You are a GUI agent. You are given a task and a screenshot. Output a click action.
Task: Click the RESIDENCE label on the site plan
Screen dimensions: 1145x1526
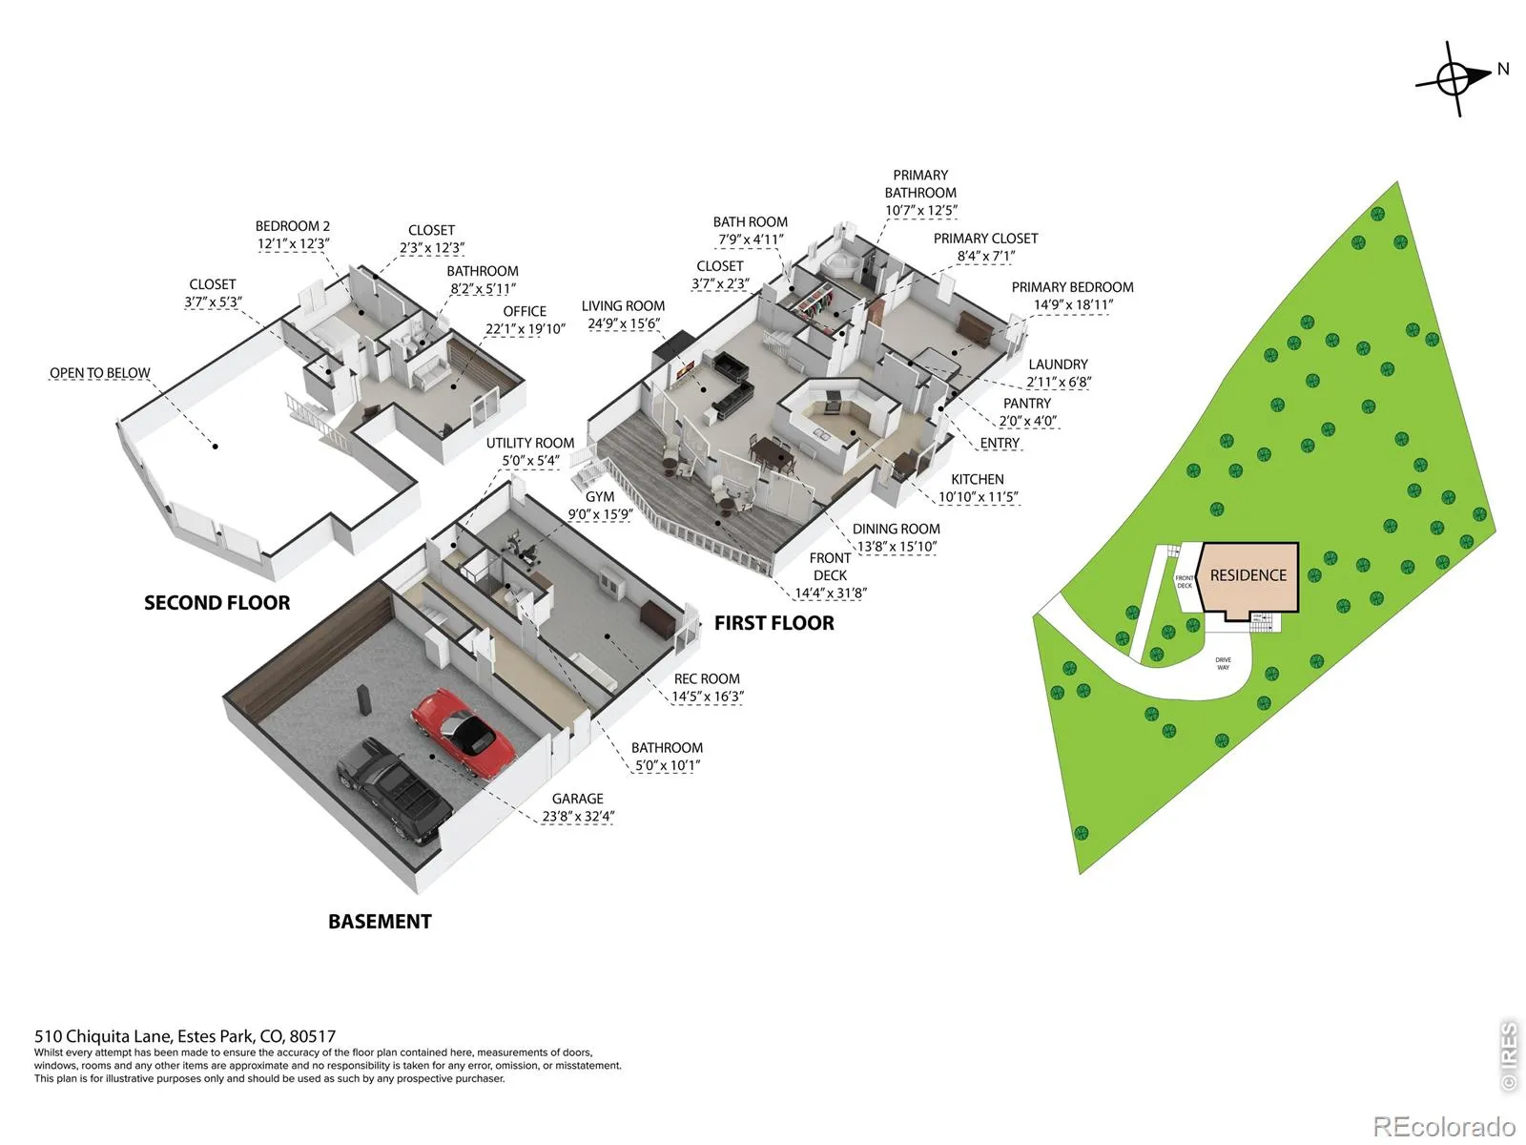pos(1248,575)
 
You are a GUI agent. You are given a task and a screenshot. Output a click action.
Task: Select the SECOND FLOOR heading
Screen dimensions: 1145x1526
pos(217,603)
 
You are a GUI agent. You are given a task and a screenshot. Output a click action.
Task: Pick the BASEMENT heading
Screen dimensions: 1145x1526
pos(380,922)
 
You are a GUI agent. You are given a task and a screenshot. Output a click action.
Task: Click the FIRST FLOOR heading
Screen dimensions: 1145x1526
pos(773,623)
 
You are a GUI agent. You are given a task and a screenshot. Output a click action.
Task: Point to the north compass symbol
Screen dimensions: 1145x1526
pos(1454,78)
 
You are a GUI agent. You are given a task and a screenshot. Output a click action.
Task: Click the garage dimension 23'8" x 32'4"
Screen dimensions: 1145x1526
pos(578,817)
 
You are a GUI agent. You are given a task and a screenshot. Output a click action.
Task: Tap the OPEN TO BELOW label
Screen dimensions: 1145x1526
pos(100,373)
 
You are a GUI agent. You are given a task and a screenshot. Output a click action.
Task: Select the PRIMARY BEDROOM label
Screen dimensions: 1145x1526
pos(1072,287)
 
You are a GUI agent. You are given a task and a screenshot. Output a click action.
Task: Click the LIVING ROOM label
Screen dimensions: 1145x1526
pos(623,306)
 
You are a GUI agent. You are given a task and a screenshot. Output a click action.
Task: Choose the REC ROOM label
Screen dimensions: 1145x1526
pos(707,679)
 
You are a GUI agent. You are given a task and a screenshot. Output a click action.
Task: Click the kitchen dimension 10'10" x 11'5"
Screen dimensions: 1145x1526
pos(978,497)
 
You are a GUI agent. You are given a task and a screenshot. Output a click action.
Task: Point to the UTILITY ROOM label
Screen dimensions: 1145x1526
pos(529,443)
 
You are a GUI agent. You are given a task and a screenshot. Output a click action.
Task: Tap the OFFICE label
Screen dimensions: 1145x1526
pos(525,311)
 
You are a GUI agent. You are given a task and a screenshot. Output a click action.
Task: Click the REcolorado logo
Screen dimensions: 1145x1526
pos(1444,1127)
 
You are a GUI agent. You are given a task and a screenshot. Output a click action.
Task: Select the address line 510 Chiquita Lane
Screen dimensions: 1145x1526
pos(185,1036)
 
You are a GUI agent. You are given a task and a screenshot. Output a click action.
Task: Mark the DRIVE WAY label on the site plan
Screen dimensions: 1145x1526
pos(1223,663)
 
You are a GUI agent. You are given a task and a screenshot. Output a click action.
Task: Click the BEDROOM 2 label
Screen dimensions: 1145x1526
pos(292,226)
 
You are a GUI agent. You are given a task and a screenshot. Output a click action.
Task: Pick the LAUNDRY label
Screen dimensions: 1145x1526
pos(1058,364)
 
